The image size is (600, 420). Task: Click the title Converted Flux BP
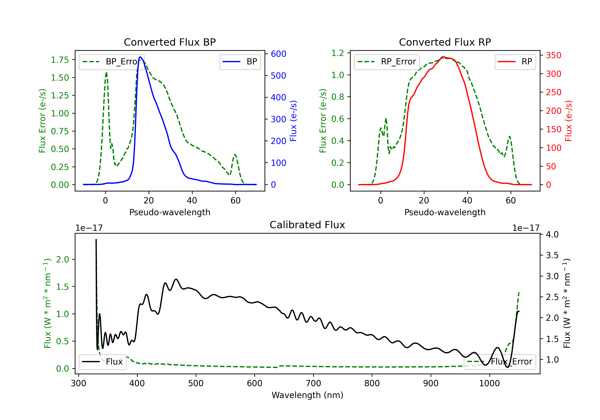(x=170, y=42)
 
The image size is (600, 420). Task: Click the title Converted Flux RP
(x=445, y=42)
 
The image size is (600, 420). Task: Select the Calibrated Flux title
(x=307, y=225)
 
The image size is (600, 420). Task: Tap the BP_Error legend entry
(x=112, y=62)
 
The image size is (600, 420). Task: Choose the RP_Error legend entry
(x=387, y=62)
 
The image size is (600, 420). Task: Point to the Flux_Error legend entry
(x=500, y=362)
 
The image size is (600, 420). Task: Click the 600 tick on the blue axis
(x=279, y=54)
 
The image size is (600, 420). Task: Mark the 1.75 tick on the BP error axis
(x=60, y=60)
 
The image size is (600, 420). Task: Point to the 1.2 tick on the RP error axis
(x=338, y=53)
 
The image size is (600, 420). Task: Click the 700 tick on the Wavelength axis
(x=313, y=383)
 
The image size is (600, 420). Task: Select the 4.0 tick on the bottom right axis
(x=552, y=234)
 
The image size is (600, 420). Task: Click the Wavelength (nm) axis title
(x=307, y=395)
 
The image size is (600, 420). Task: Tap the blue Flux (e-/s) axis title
(x=293, y=121)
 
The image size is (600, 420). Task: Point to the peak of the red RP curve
(x=443, y=57)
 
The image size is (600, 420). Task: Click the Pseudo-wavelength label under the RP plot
(x=445, y=212)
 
